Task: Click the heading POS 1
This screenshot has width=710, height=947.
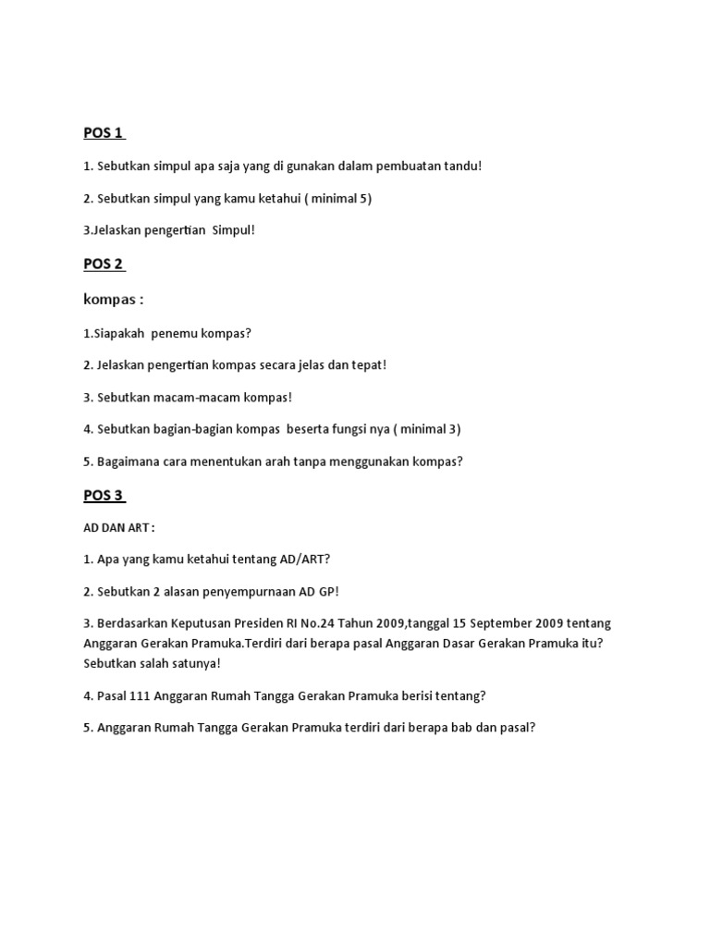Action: click(104, 132)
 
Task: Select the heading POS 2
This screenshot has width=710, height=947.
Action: click(104, 264)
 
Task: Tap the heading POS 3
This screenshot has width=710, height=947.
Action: click(104, 495)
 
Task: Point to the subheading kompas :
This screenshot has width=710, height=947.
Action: click(114, 300)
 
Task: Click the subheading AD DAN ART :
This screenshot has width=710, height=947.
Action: click(119, 527)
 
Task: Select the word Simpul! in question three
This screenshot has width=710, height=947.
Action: click(233, 230)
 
